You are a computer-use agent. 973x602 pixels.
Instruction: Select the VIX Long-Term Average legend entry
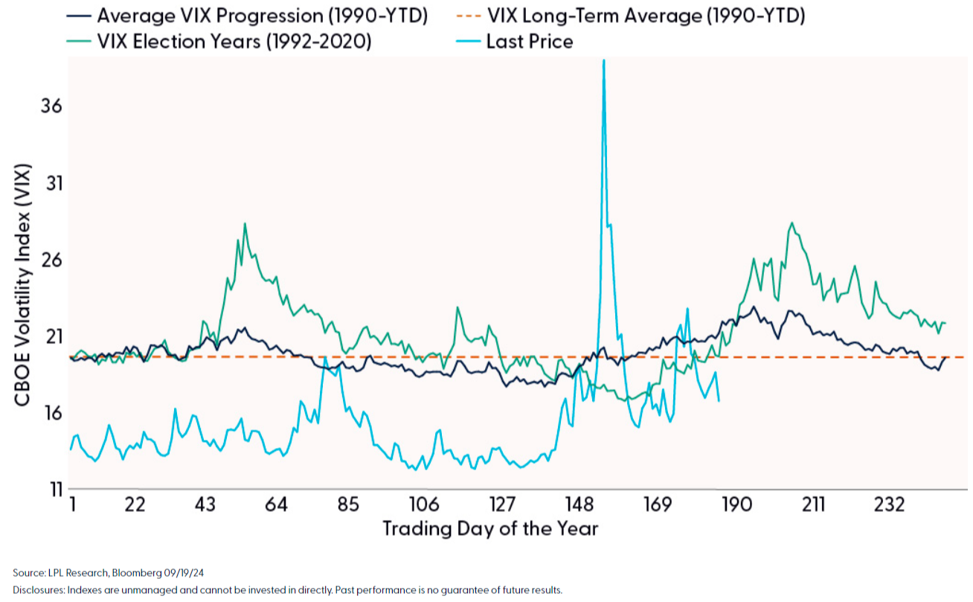[x=645, y=16]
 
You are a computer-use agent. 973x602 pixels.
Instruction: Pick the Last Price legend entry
[x=529, y=41]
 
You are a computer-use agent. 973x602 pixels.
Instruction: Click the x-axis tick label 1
[x=72, y=505]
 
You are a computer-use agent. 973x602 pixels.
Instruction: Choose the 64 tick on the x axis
[x=276, y=505]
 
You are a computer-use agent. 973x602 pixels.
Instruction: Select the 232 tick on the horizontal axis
[x=890, y=505]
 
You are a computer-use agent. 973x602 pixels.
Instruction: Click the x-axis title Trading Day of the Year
[x=490, y=529]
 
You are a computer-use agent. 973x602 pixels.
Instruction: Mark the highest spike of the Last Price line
[x=603, y=61]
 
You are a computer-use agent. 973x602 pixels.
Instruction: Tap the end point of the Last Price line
[x=719, y=401]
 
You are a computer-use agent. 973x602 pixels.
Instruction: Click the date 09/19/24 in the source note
[x=183, y=572]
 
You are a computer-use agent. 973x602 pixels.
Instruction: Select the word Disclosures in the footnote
[x=38, y=590]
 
